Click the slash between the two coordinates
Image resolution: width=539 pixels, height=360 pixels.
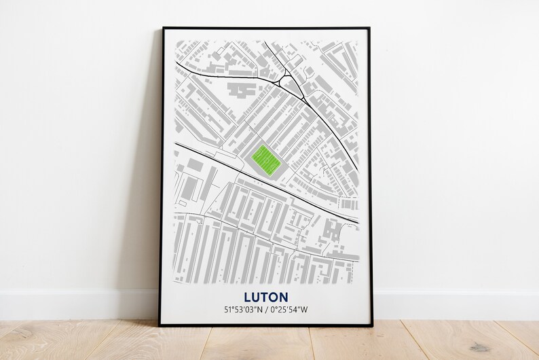point(266,310)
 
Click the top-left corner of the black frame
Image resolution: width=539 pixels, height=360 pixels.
point(163,29)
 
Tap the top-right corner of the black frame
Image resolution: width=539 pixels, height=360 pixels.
point(369,29)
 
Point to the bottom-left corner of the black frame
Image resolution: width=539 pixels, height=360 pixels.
point(160,325)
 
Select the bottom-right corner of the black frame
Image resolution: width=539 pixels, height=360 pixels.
point(371,324)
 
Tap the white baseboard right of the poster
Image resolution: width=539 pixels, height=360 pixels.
point(455,305)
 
